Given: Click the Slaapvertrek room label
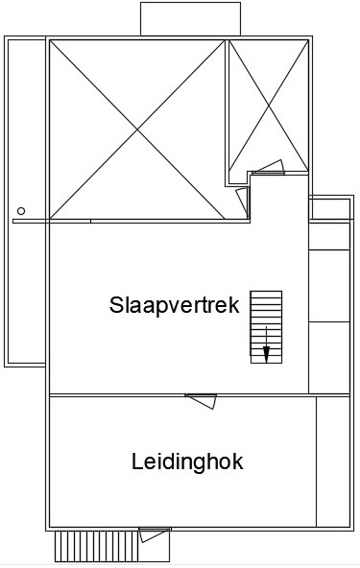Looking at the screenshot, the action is pyautogui.click(x=175, y=305).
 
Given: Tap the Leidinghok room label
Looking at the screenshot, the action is pyautogui.click(x=187, y=461).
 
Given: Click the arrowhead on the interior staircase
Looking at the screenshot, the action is pyautogui.click(x=266, y=354).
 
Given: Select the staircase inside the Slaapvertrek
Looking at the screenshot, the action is pyautogui.click(x=266, y=327).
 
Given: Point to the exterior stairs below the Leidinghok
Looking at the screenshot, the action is pyautogui.click(x=97, y=546).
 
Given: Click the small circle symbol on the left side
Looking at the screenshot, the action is pyautogui.click(x=21, y=211).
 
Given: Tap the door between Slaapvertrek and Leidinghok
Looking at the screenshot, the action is pyautogui.click(x=201, y=401).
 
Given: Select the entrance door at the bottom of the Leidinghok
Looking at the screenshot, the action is pyautogui.click(x=155, y=535).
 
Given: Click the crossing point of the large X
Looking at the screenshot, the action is pyautogui.click(x=137, y=129).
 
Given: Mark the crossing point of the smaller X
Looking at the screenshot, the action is pyautogui.click(x=269, y=106).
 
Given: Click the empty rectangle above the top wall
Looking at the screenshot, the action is pyautogui.click(x=191, y=19).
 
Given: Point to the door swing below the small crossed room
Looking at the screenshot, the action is pyautogui.click(x=269, y=167).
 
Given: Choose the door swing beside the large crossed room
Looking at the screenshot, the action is pyautogui.click(x=243, y=201).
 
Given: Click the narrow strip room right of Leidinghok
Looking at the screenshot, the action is pyautogui.click(x=333, y=461).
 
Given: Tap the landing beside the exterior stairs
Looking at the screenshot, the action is pyautogui.click(x=155, y=546).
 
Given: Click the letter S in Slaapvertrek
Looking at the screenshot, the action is pyautogui.click(x=116, y=305).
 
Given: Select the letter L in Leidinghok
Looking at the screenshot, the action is pyautogui.click(x=136, y=461).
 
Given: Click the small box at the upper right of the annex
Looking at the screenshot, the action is pyautogui.click(x=329, y=208).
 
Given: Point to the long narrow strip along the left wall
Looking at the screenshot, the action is pyautogui.click(x=26, y=201).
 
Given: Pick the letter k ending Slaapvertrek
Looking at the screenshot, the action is pyautogui.click(x=235, y=305).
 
